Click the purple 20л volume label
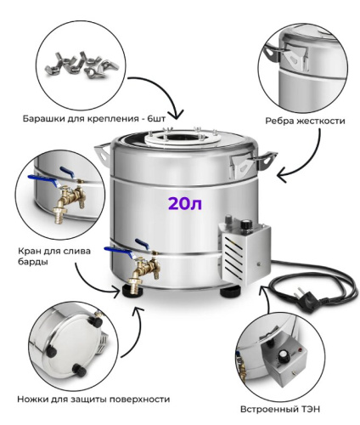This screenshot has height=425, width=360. [185, 203]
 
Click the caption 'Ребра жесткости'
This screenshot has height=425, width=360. [305, 121]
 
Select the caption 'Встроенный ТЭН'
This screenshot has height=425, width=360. [280, 409]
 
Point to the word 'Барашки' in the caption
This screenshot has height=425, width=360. [44, 118]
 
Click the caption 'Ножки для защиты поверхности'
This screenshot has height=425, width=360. [93, 399]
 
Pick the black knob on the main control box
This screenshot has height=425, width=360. [246, 224]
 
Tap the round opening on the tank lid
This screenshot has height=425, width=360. [180, 139]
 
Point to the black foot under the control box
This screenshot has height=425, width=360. [231, 292]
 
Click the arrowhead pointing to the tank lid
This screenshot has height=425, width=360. [178, 115]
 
